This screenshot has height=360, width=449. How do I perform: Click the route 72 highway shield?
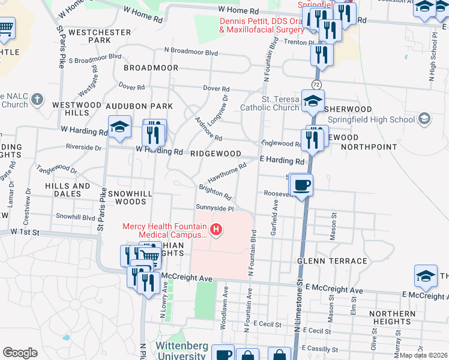coord(316,83)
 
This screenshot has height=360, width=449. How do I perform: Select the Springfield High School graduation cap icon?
coord(425,118)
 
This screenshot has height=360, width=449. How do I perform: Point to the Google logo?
coord(20,353)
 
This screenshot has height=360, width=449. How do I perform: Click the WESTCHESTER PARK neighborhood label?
coord(100,36)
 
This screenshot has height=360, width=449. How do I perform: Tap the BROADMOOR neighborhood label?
coord(151,68)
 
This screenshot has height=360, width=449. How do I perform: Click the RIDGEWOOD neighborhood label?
coord(215,154)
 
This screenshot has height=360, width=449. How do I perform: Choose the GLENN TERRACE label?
coord(332,261)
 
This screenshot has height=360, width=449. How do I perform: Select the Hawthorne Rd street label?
coord(228,173)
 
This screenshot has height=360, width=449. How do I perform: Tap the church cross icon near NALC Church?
coord(37,99)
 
